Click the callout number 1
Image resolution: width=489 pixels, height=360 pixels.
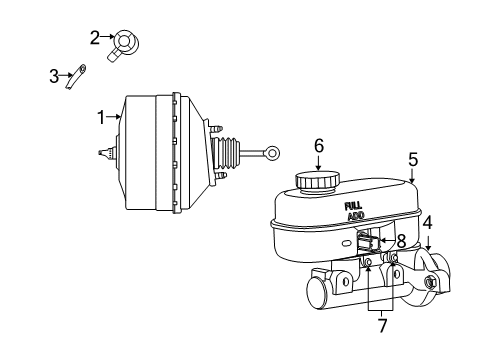tap(100, 117)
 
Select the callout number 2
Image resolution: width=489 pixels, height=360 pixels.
tap(95, 38)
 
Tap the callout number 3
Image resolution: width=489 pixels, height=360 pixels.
tap(55, 74)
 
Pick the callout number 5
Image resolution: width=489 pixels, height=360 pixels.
tap(413, 158)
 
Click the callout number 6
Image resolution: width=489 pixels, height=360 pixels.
tap(319, 145)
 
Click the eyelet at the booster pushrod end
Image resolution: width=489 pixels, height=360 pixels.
tap(272, 153)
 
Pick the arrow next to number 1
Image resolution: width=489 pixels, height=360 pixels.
tap(114, 118)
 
